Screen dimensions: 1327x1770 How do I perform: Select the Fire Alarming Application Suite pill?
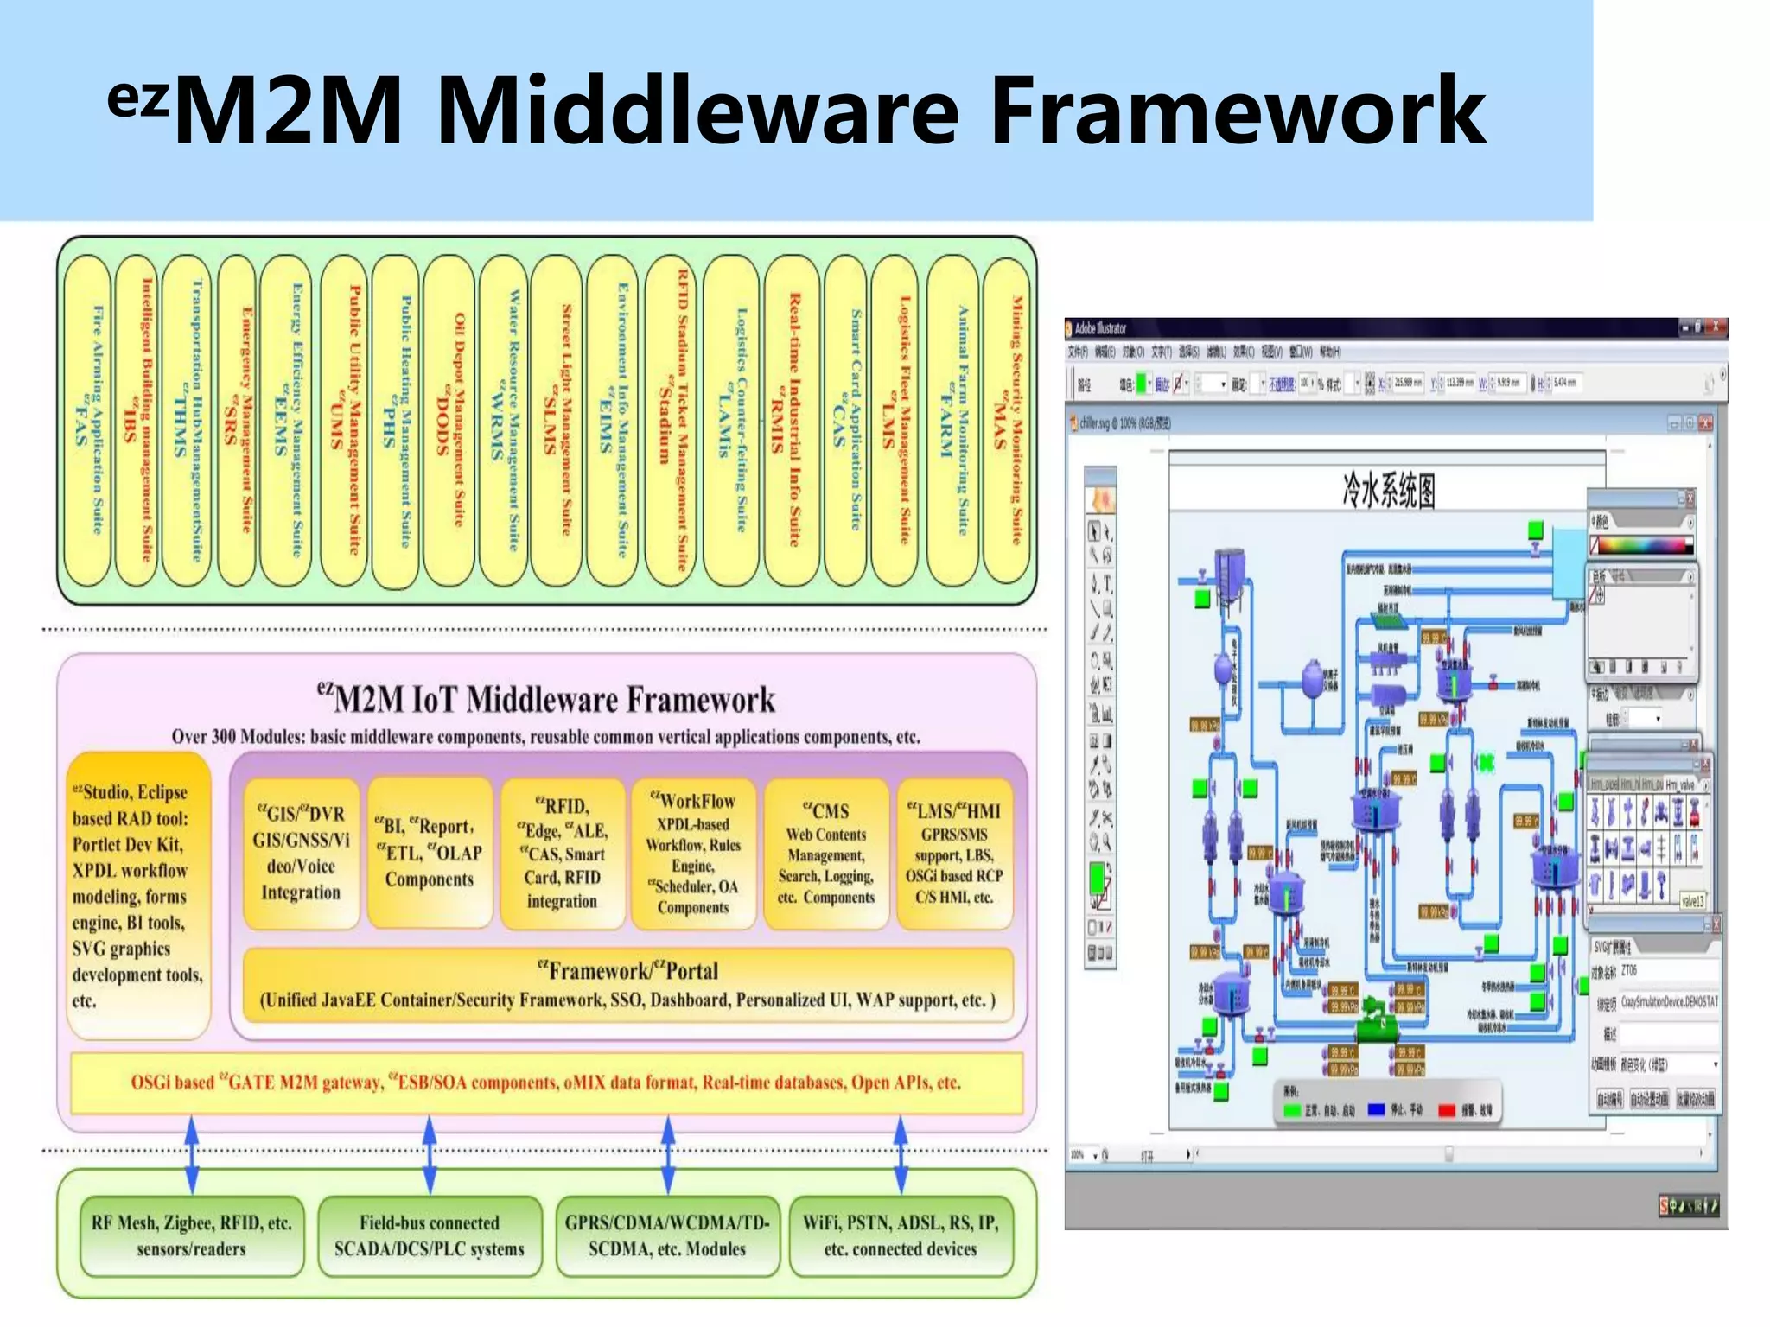pyautogui.click(x=88, y=421)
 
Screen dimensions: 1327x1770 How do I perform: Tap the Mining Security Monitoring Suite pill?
pyautogui.click(x=1008, y=421)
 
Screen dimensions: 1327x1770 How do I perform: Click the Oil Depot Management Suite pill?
pyautogui.click(x=450, y=421)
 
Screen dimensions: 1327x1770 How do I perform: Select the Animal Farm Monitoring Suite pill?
pyautogui.click(x=954, y=421)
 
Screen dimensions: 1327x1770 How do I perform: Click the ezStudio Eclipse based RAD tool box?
pyautogui.click(x=138, y=895)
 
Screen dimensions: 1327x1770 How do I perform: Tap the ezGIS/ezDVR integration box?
pyautogui.click(x=301, y=853)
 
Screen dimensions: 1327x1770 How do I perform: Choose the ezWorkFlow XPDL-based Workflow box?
pyautogui.click(x=693, y=853)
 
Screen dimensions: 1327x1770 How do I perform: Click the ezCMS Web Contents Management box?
pyautogui.click(x=825, y=853)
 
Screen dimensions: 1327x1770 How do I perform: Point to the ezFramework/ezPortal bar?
pyautogui.click(x=628, y=985)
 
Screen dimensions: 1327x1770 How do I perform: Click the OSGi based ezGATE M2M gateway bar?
pyautogui.click(x=546, y=1083)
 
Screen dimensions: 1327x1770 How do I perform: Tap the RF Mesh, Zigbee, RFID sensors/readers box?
pyautogui.click(x=191, y=1235)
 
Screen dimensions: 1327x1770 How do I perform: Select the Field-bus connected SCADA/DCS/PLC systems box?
pyautogui.click(x=430, y=1235)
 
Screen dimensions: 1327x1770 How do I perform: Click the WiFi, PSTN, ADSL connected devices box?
pyautogui.click(x=901, y=1235)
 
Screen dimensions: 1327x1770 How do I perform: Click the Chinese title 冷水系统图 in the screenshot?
pyautogui.click(x=1388, y=491)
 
